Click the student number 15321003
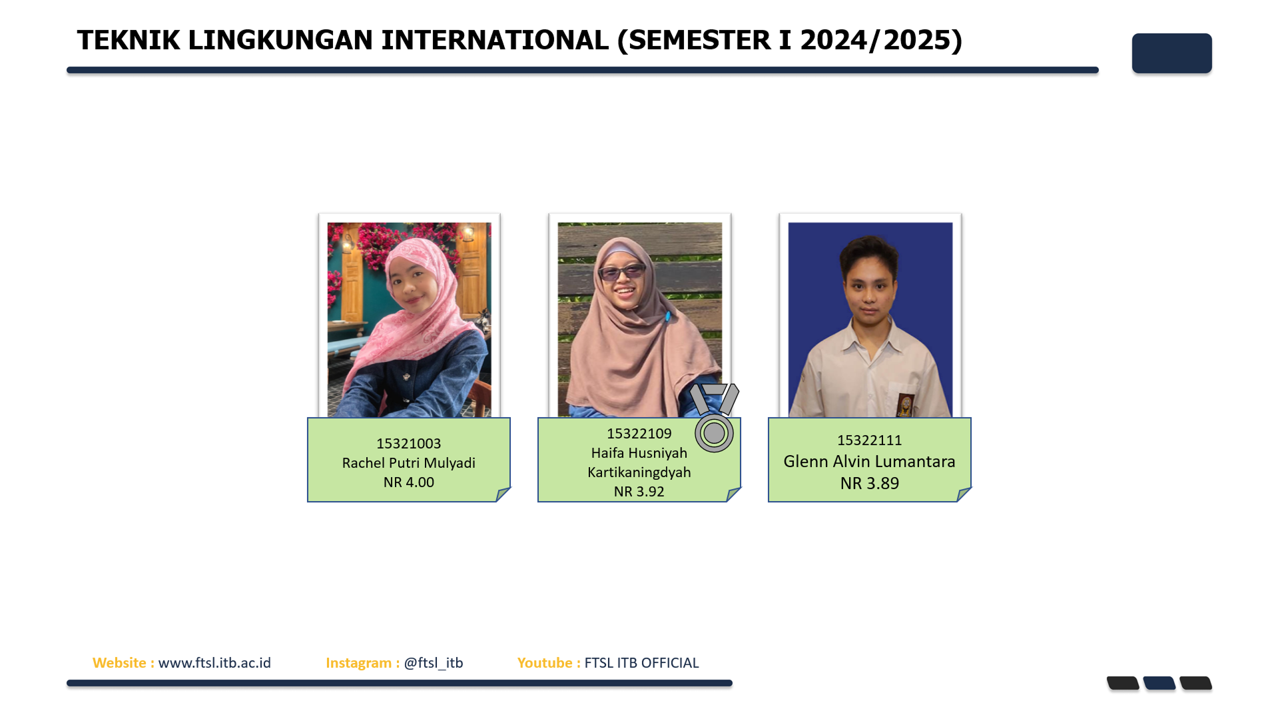point(408,444)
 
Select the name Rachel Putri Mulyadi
point(408,463)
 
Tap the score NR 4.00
point(408,482)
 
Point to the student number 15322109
point(639,434)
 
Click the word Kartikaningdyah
point(639,472)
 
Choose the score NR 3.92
point(639,492)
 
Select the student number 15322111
point(869,440)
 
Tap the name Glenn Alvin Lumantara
point(869,461)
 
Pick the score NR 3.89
point(869,483)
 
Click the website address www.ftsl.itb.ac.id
point(214,663)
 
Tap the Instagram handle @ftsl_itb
point(433,663)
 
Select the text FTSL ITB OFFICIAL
point(641,663)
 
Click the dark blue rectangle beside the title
point(1171,53)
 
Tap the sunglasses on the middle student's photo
point(622,273)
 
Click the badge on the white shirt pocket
point(905,404)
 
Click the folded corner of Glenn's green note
point(963,494)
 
